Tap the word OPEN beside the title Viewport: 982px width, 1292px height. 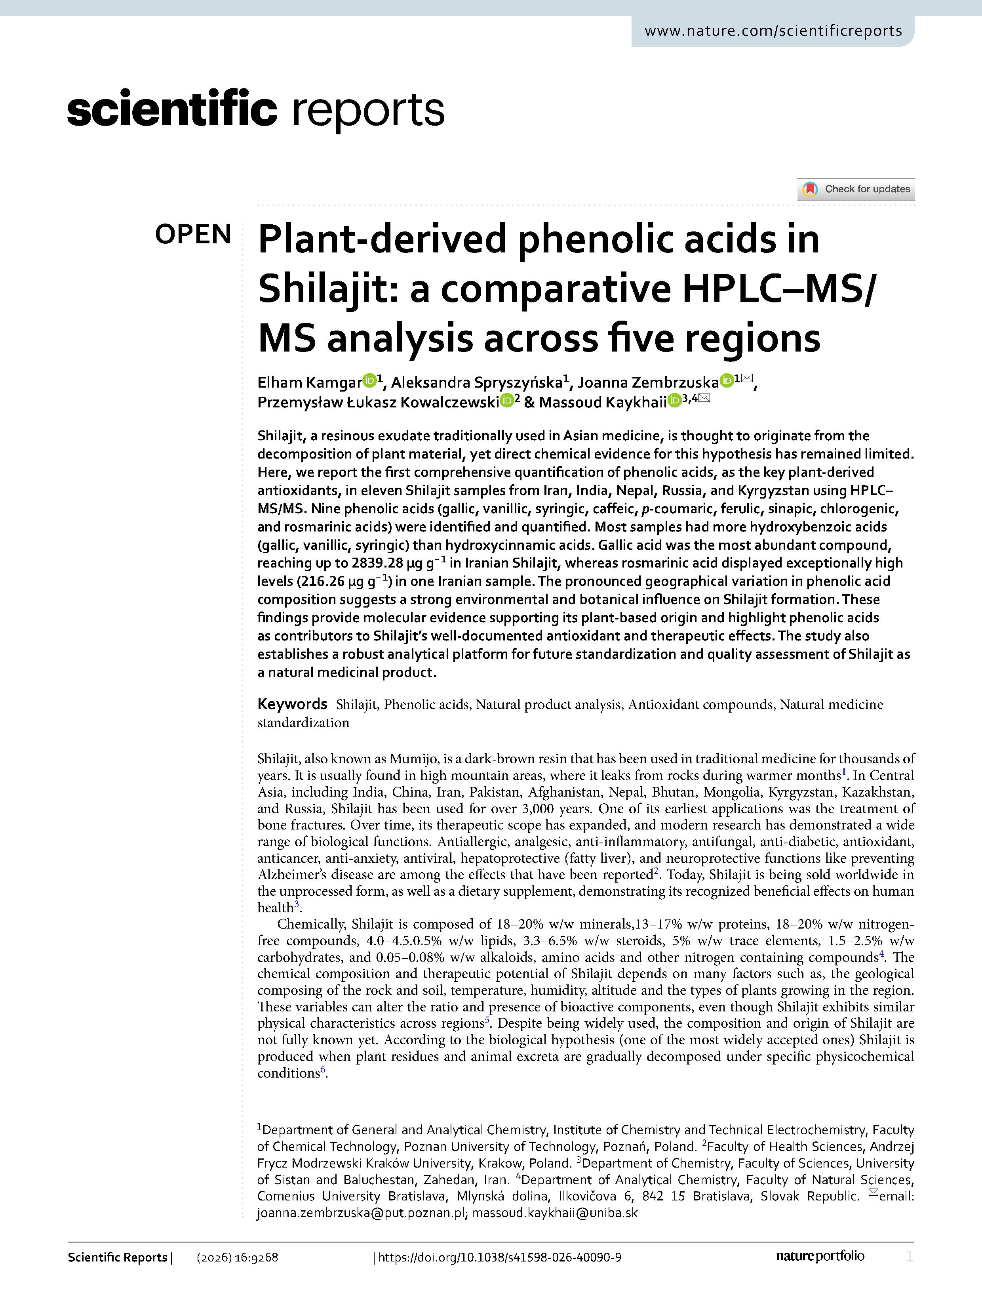pyautogui.click(x=193, y=235)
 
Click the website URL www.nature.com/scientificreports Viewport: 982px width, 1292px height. pyautogui.click(x=773, y=31)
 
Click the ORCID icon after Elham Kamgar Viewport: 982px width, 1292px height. pyautogui.click(x=369, y=381)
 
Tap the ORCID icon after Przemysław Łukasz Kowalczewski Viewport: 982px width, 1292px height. pyautogui.click(x=507, y=401)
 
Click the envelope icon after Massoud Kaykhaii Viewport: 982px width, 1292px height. pyautogui.click(x=704, y=399)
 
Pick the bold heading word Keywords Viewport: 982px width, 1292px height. pyautogui.click(x=292, y=704)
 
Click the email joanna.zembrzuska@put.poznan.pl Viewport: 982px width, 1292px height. pyautogui.click(x=361, y=1212)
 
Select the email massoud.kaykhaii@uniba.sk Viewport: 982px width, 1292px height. pyautogui.click(x=555, y=1212)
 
